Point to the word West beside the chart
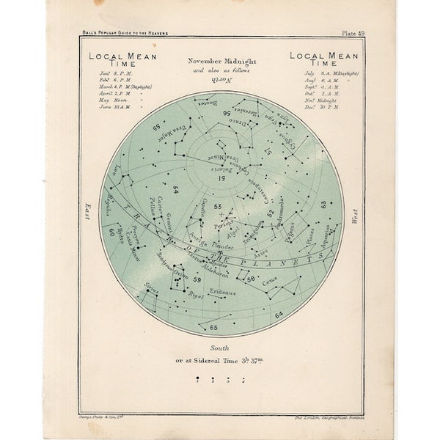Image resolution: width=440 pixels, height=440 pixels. [355, 215]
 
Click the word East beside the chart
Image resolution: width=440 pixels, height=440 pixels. [87, 213]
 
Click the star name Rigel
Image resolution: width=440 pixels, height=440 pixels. [194, 296]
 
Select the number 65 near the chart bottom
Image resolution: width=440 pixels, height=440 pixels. [213, 327]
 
